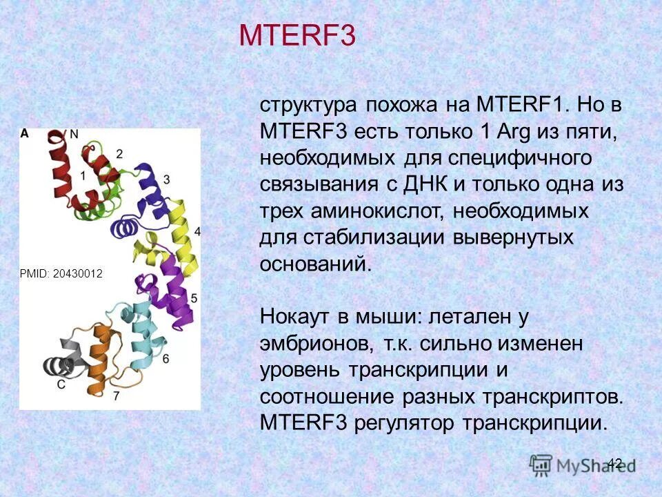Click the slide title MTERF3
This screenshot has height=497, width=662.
(297, 37)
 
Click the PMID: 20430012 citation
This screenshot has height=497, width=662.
(61, 274)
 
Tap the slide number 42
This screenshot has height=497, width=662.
(615, 463)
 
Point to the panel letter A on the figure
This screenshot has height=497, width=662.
(25, 133)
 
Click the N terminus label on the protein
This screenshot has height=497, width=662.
(74, 133)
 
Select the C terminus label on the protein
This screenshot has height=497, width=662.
(61, 384)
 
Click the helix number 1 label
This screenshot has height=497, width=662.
(83, 175)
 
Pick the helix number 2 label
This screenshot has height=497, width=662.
(119, 153)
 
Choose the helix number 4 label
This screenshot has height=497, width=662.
(198, 231)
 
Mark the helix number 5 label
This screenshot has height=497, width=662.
(194, 298)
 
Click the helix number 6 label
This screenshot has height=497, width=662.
(165, 358)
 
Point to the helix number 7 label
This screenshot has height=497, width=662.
(116, 396)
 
